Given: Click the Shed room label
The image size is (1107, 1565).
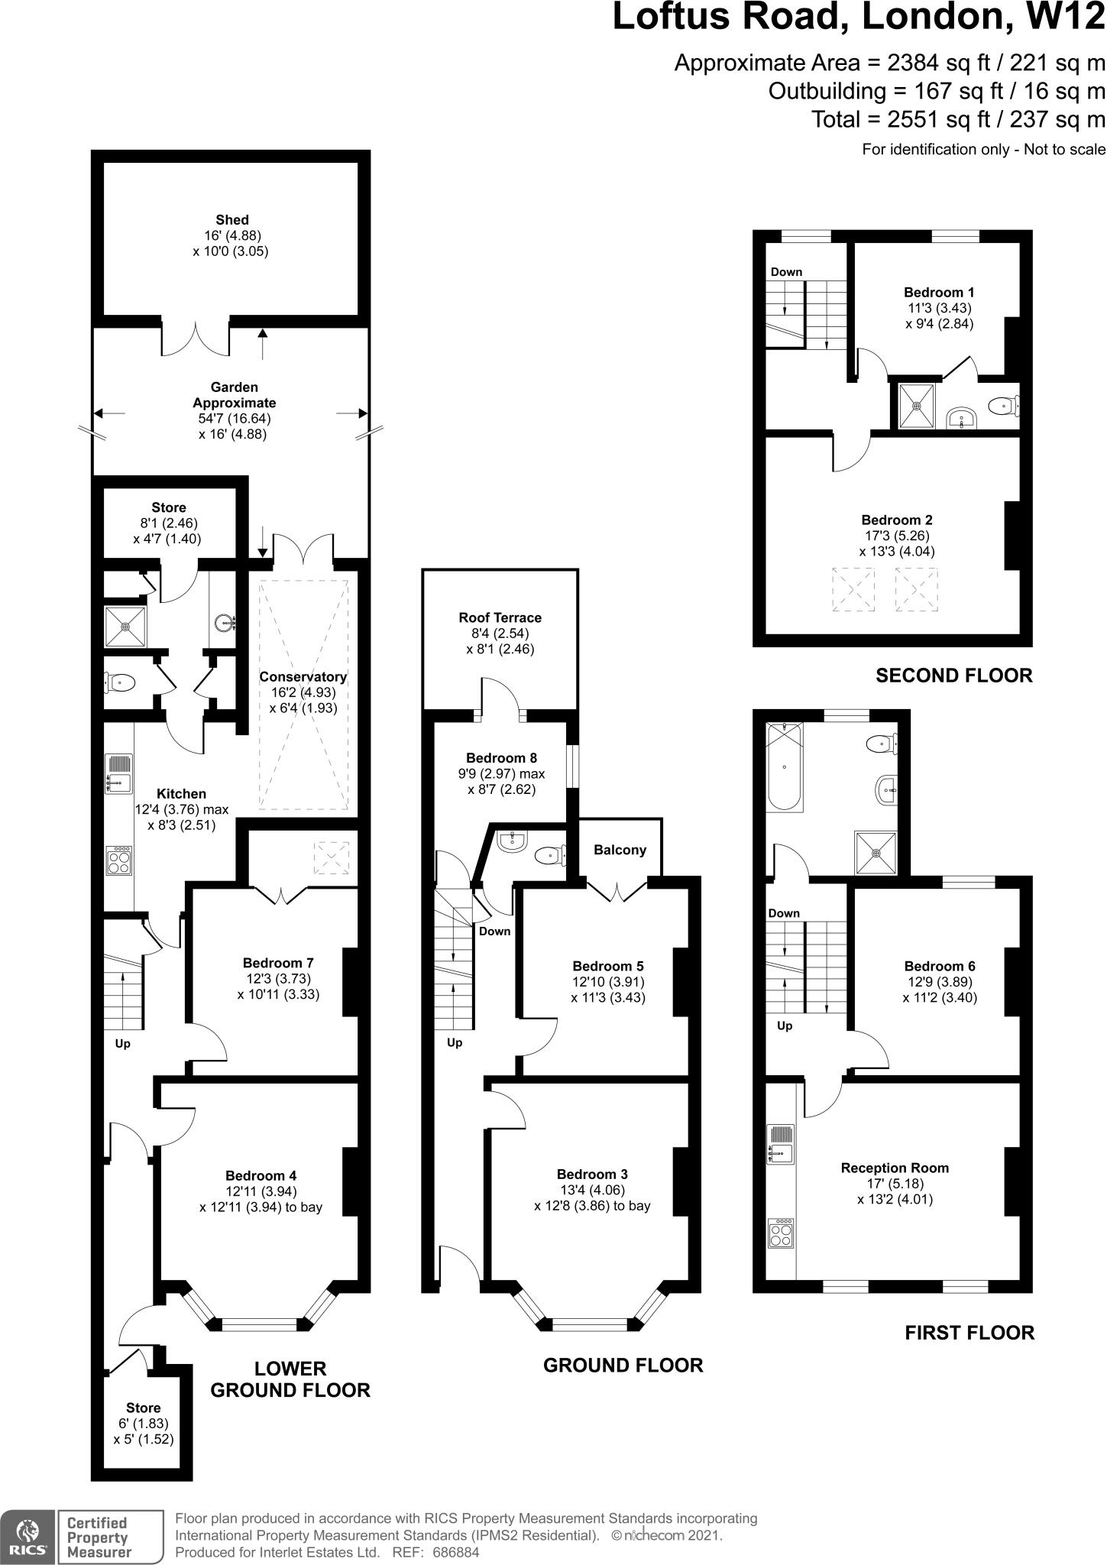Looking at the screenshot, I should click(231, 219).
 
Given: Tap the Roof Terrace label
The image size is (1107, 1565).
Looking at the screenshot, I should click(500, 617).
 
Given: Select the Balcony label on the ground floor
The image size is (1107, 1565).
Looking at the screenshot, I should click(620, 850).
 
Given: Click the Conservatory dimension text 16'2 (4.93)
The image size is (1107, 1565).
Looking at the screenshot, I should click(303, 692).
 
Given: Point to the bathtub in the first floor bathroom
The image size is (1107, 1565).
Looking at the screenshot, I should click(785, 767).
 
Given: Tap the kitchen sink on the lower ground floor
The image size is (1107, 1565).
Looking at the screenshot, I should click(118, 774).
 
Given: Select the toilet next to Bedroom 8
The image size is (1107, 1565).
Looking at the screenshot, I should click(549, 854).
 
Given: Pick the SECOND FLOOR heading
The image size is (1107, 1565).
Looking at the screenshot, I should click(953, 676).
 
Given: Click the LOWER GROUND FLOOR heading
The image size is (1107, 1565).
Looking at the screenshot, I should click(290, 1379).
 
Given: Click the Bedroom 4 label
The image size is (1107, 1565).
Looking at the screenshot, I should click(261, 1176).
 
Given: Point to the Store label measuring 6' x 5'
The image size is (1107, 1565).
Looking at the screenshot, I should click(143, 1408).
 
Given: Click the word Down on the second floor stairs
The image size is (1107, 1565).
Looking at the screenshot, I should click(786, 272).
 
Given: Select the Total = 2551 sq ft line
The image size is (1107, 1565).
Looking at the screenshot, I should click(958, 119).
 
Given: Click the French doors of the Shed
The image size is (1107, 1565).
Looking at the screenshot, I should click(196, 337).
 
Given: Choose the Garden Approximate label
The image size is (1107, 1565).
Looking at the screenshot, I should click(235, 395).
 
